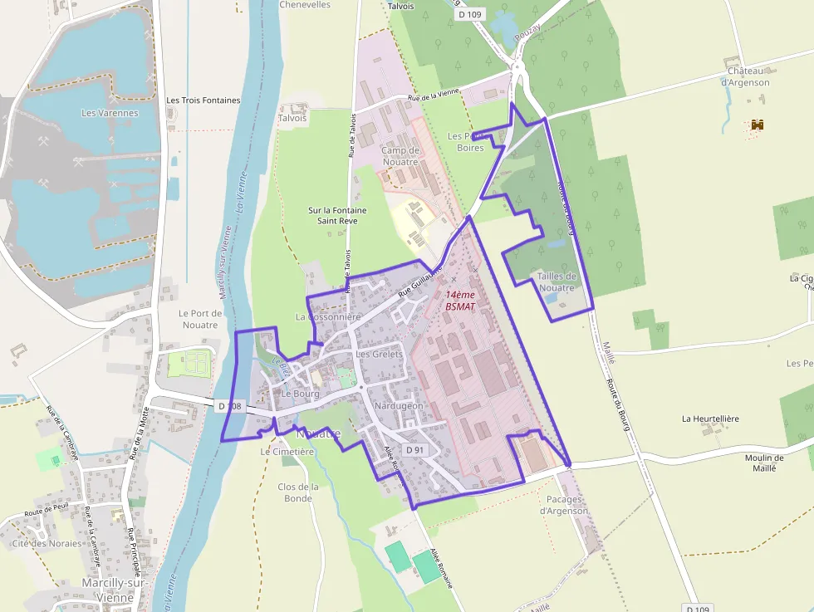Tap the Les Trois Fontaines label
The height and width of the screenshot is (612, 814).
point(203,100)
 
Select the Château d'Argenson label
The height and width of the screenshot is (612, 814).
point(745,77)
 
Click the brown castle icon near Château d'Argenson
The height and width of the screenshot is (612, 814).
point(757,125)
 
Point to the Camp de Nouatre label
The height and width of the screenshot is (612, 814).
point(400,156)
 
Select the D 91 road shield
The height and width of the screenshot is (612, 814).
point(414,449)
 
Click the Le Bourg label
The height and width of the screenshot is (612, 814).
point(300,394)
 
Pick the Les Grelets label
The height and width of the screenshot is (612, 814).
point(379,355)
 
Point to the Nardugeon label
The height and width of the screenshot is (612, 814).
point(399,406)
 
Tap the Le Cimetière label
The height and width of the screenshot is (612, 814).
point(287,452)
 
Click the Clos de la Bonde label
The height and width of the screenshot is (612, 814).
point(298,492)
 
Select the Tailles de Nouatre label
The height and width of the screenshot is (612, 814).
point(557,282)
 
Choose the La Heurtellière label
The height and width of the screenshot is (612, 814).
point(710,419)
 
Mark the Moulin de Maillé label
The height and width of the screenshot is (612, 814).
point(764,463)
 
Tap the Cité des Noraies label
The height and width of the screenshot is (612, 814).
point(47,544)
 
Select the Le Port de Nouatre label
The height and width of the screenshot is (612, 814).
point(200,319)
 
